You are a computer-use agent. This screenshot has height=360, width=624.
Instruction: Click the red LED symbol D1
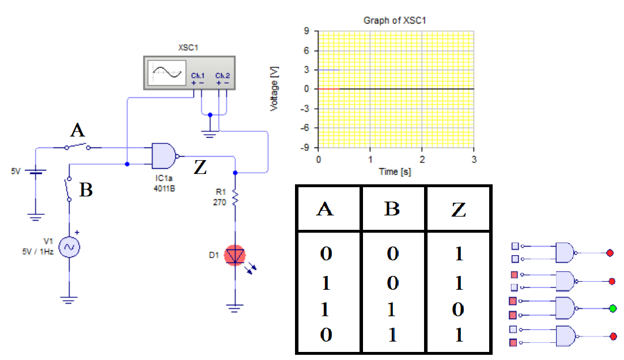[x=235, y=255]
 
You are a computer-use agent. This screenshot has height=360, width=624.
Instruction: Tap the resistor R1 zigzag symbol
[x=235, y=198]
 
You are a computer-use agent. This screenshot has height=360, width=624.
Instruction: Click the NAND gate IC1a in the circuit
[x=164, y=155]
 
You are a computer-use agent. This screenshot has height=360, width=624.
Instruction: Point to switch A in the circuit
[x=77, y=147]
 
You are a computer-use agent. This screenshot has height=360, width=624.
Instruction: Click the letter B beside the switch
[x=86, y=190]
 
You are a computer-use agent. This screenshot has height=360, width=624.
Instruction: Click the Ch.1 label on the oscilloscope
[x=198, y=75]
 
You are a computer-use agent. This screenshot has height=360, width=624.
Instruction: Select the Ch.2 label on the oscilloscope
[x=222, y=75]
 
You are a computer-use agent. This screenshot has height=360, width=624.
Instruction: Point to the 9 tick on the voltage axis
[x=308, y=32]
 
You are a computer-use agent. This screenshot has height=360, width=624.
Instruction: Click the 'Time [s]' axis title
[x=395, y=171]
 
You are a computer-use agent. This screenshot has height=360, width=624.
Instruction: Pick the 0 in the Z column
[x=458, y=310]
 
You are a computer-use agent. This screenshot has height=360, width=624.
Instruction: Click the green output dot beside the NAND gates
[x=612, y=309]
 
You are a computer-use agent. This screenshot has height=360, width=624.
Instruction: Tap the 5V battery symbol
[x=36, y=172]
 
